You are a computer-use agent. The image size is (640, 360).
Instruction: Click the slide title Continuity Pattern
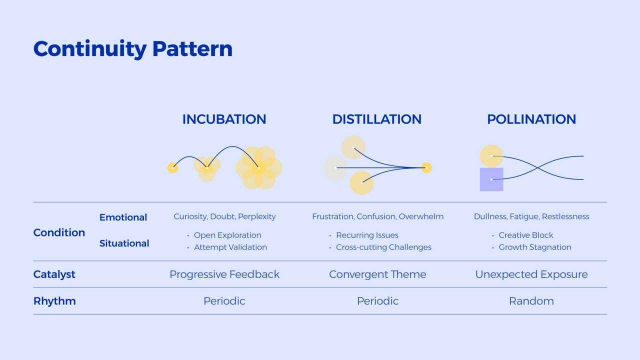133,49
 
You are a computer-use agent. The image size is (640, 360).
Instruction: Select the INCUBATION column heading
224,119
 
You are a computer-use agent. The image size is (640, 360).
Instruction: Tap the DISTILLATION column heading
377,119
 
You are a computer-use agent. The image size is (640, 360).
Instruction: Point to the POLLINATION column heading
531,119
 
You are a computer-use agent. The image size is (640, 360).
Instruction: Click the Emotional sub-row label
123,217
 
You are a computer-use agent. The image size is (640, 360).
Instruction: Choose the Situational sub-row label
124,243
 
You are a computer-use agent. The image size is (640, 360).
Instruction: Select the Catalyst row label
54,274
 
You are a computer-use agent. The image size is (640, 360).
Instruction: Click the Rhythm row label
54,301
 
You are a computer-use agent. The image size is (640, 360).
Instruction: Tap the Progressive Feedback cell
224,274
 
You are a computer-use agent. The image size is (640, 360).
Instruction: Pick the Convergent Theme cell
377,274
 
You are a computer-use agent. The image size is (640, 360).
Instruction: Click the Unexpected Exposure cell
531,274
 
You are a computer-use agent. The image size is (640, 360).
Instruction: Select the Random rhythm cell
531,301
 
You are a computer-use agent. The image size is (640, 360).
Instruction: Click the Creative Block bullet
525,235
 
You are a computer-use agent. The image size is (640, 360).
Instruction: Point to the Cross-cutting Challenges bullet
383,247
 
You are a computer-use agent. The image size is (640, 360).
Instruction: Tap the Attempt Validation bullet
230,247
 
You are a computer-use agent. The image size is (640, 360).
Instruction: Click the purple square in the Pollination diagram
491,179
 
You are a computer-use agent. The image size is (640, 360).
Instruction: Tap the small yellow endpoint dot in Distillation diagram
426,168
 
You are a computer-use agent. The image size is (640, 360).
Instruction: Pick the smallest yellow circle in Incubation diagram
172,167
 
